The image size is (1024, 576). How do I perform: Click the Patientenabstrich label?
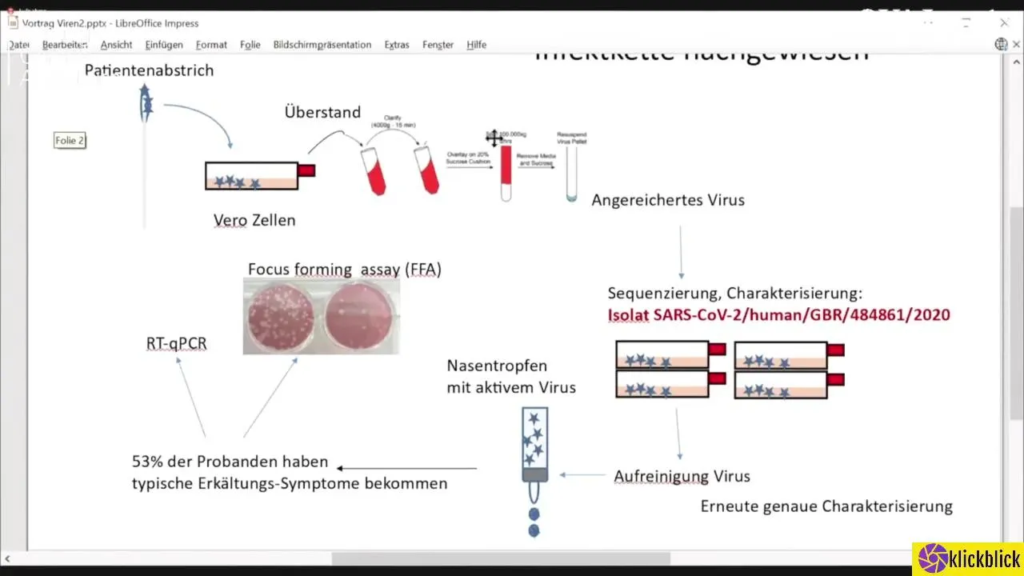click(149, 70)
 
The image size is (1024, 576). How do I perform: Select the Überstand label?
click(322, 113)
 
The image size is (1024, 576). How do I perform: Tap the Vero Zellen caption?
click(254, 220)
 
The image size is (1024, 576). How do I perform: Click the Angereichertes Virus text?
click(668, 200)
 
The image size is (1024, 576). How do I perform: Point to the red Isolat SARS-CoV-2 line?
click(779, 315)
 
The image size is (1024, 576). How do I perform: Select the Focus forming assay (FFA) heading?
click(344, 270)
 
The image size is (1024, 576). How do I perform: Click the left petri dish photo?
click(282, 317)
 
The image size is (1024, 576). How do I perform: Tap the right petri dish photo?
click(360, 317)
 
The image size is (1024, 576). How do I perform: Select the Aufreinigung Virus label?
click(682, 476)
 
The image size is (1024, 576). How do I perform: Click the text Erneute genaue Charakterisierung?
click(826, 506)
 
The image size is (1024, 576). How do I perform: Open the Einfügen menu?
click(164, 45)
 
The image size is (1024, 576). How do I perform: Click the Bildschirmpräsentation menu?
click(322, 45)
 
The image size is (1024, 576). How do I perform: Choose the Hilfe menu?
click(476, 45)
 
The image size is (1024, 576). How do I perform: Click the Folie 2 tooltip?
click(70, 141)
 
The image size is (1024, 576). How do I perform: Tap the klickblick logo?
click(968, 558)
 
